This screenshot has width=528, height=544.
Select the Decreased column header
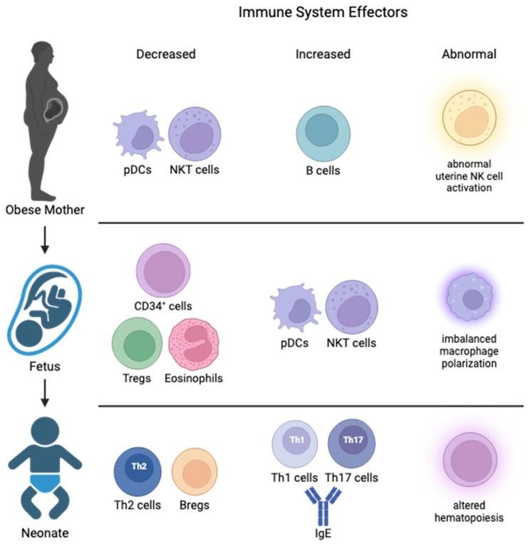166,54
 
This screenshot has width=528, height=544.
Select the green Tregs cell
140,342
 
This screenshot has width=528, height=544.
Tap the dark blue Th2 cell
139,471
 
